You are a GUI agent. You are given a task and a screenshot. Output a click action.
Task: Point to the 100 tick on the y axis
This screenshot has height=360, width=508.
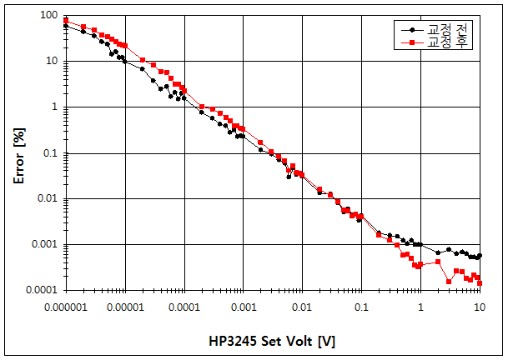[x=48, y=16]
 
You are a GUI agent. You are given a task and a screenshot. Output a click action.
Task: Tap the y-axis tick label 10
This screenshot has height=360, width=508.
[x=51, y=62]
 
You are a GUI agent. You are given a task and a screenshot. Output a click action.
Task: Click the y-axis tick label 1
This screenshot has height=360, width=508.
[x=54, y=107]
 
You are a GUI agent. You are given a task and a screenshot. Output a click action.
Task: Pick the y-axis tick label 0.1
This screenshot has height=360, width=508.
[x=50, y=153]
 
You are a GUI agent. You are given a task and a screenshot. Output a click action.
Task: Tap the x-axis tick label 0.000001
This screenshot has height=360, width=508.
[x=65, y=307]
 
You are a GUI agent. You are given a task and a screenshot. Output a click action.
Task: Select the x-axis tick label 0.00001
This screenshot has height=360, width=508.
[x=125, y=307]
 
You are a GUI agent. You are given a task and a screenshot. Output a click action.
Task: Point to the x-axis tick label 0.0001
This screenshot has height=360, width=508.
[x=184, y=307]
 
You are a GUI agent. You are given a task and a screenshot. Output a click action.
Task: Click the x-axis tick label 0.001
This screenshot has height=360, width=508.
[x=244, y=307]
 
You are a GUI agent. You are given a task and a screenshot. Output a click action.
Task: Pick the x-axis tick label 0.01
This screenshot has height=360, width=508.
[x=303, y=307]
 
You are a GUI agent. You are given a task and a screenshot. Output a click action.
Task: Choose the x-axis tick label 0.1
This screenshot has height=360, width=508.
[x=361, y=307]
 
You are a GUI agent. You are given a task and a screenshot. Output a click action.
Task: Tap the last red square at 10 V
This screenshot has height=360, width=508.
[x=480, y=283]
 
